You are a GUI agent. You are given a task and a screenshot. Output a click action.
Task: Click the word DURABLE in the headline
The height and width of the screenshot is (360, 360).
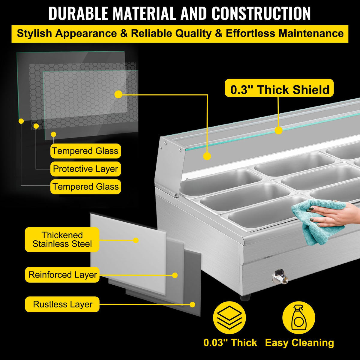pos(79,13)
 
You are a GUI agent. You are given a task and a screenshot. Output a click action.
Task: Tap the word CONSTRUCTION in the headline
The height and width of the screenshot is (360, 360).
pos(261,13)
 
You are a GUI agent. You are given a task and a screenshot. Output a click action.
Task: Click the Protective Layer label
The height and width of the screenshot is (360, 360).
pos(85,169)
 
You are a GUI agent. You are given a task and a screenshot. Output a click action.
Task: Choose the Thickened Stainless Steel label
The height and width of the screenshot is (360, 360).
pos(62,239)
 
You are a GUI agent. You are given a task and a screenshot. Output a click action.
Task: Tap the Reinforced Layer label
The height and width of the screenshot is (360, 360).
pos(62,274)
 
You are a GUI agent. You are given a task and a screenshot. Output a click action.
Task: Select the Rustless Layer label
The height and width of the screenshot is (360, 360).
pos(62,304)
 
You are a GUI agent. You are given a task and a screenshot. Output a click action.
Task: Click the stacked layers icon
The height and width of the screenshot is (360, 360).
pos(229,318)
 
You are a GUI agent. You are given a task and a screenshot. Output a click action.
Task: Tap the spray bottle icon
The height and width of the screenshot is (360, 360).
pos(299,318)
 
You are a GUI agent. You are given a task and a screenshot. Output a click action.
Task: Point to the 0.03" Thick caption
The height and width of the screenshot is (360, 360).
pos(230,343)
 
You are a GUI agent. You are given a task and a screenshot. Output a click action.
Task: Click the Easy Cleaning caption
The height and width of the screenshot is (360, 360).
pos(299,343)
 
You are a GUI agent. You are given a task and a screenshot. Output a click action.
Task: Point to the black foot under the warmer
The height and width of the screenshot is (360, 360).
pos(245,297)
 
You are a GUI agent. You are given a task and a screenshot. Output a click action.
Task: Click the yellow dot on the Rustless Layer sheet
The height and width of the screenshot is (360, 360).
pos(192,304)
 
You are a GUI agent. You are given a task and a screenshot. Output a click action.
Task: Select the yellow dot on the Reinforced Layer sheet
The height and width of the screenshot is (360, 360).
pos(175,275)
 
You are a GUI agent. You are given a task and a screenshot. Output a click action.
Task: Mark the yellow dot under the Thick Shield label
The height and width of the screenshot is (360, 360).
pos(278,130)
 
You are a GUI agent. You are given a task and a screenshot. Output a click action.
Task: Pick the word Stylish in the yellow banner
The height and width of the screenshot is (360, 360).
pos(34,34)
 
